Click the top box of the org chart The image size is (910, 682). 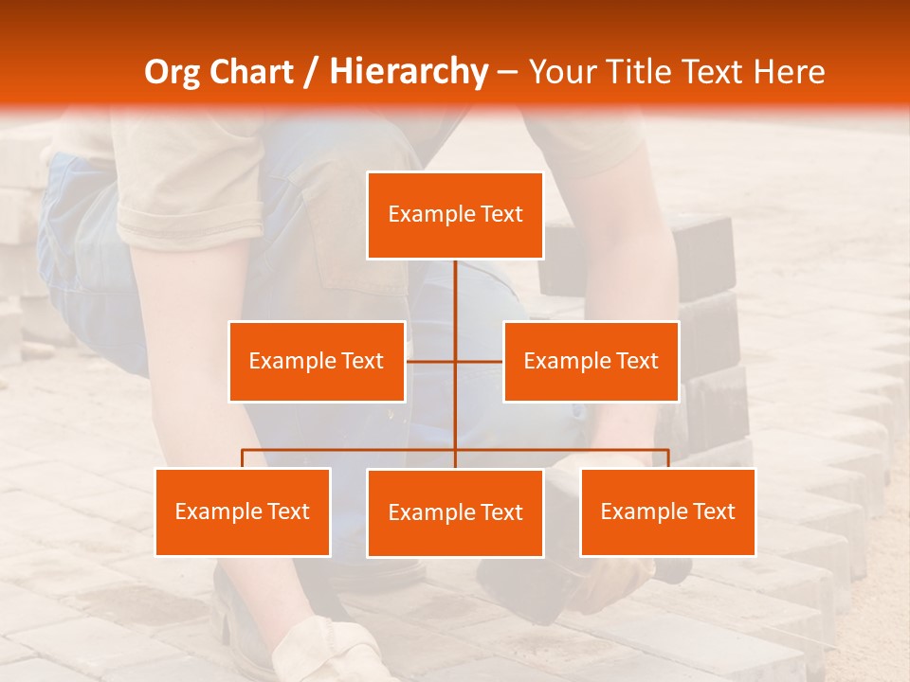click(x=455, y=215)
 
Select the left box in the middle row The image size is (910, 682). click(x=317, y=361)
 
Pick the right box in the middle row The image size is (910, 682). click(x=591, y=361)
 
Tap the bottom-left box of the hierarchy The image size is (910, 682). click(x=243, y=511)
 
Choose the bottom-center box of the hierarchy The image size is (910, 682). click(x=455, y=512)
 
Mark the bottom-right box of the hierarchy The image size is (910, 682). click(x=667, y=511)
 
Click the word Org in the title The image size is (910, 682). click(x=172, y=72)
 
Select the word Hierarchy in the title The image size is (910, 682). click(x=408, y=72)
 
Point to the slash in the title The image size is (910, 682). click(x=310, y=72)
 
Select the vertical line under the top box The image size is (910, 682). click(x=455, y=294)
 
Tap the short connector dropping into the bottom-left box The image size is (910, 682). click(x=243, y=458)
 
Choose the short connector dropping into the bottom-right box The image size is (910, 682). click(x=667, y=458)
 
